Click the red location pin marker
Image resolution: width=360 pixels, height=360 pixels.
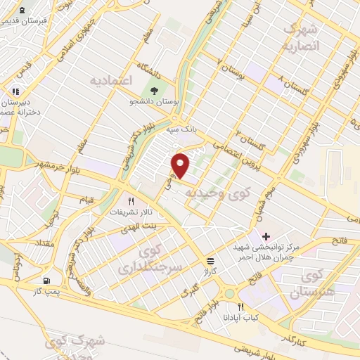181,165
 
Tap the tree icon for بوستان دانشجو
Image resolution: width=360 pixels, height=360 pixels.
154,90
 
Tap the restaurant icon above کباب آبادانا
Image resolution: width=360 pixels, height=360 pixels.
241,307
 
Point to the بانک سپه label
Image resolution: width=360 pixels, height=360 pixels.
181,130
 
